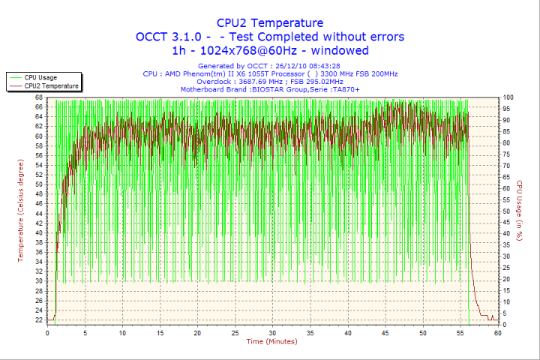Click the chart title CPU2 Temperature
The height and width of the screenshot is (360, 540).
pyautogui.click(x=270, y=22)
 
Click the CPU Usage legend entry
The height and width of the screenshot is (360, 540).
pyautogui.click(x=40, y=77)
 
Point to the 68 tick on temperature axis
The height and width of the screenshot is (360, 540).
pyautogui.click(x=39, y=97)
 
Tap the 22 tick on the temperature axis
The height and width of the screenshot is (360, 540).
pyautogui.click(x=39, y=319)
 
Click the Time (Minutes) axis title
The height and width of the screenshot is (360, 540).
pyautogui.click(x=271, y=342)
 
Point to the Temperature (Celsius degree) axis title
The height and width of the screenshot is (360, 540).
pyautogui.click(x=21, y=208)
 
